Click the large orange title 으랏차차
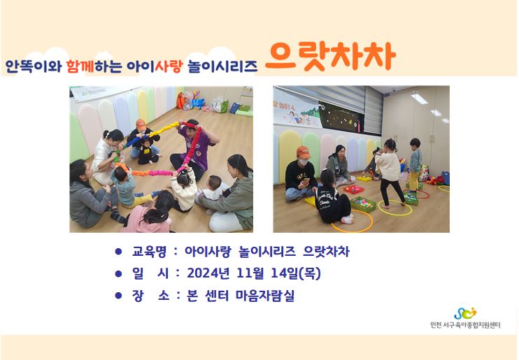pos(331,57)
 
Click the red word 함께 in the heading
pos(80,66)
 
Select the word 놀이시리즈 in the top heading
pos(222,66)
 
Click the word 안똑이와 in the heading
pos(34,66)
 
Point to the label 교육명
pos(149,252)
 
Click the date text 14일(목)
pos(296,273)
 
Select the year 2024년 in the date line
pos(208,273)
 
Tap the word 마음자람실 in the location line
pos(265,296)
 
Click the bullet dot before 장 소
pos(118,296)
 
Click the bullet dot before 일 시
pos(118,273)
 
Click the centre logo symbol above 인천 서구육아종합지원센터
pos(464,313)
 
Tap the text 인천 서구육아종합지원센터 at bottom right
pos(465,325)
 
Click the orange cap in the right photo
pos(303,152)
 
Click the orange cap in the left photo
pos(141,124)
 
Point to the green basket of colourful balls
pos(363,203)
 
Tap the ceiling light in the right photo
pos(419,98)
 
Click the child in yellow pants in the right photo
pos(415,164)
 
